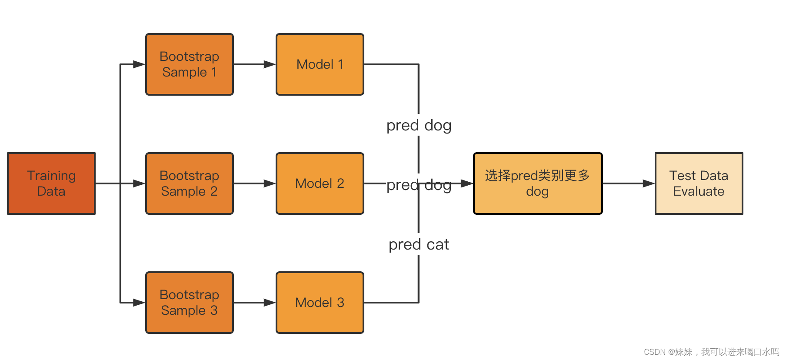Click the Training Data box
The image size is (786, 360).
tap(51, 183)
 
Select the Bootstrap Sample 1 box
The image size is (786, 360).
tap(190, 64)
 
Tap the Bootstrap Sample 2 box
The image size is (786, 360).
tap(190, 183)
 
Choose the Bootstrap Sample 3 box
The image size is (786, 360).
tap(190, 303)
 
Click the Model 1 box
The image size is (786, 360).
tap(320, 64)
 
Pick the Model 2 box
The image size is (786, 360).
tap(320, 183)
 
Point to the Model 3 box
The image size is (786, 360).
tap(320, 303)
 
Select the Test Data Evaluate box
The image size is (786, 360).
tap(699, 183)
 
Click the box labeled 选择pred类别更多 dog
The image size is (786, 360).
tap(538, 183)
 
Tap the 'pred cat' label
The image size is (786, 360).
tap(419, 244)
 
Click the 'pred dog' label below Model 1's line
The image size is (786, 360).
tap(419, 125)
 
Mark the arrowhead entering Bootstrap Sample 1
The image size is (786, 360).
tap(139, 64)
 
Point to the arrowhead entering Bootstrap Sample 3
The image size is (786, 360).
tap(139, 303)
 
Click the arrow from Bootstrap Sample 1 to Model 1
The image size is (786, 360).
tap(255, 64)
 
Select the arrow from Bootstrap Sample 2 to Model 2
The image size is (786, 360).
tap(255, 183)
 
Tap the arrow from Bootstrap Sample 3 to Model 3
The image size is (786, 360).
tap(255, 303)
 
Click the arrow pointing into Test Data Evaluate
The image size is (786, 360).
tap(629, 183)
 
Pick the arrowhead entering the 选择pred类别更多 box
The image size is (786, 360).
tap(467, 183)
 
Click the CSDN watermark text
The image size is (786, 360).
tap(711, 352)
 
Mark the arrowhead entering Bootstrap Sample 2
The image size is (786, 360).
tap(139, 183)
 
